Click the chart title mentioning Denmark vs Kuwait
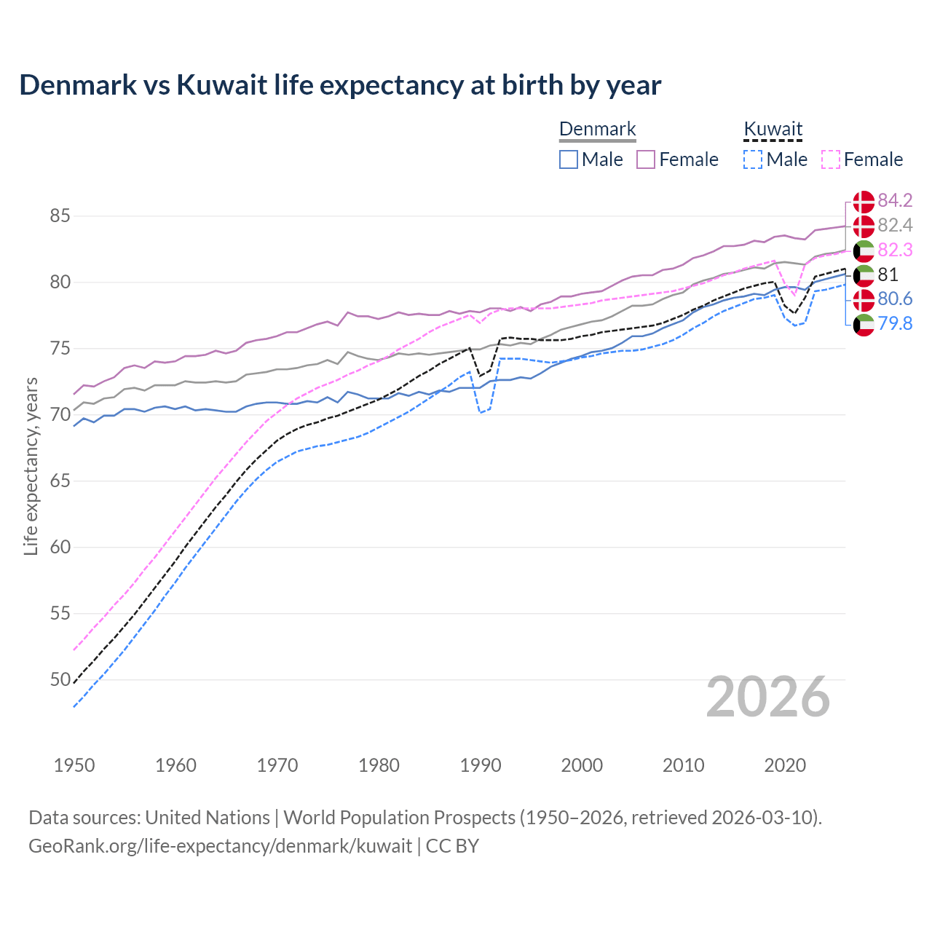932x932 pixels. click(340, 85)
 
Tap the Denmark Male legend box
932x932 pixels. click(569, 159)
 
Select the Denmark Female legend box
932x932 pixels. click(646, 159)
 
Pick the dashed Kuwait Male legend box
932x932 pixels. click(753, 159)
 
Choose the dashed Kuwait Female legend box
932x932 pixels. click(830, 159)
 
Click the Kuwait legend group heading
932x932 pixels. click(773, 130)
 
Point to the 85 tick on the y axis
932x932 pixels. click(60, 216)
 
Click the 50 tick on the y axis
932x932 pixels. click(60, 680)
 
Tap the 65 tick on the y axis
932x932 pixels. click(60, 481)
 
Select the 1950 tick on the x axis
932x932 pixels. click(74, 765)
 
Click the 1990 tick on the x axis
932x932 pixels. click(481, 765)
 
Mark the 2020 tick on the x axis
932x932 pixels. click(785, 765)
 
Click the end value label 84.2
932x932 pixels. click(895, 200)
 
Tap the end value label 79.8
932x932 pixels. click(895, 324)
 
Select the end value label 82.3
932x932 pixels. click(895, 250)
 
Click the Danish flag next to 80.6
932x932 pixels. click(864, 299)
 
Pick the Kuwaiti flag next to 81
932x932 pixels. click(864, 275)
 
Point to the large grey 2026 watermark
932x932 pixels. click(767, 697)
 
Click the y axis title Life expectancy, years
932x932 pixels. click(31, 466)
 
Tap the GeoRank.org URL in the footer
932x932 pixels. click(220, 846)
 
